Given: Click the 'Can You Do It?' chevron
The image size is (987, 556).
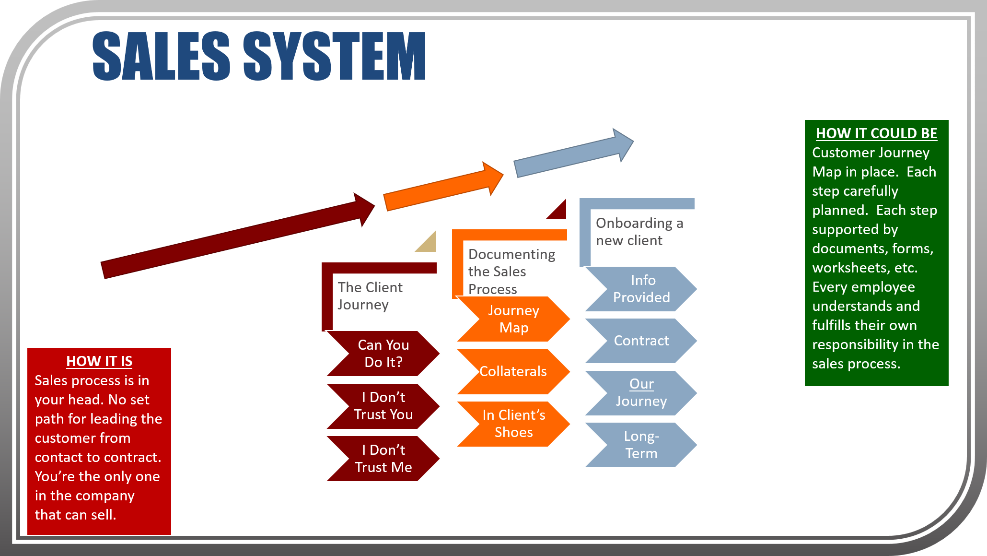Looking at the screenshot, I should [383, 354].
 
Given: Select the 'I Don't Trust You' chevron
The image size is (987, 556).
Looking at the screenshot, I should [383, 406].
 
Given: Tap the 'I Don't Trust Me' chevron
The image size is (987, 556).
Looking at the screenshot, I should [383, 459].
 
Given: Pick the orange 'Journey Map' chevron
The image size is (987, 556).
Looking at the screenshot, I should [513, 319].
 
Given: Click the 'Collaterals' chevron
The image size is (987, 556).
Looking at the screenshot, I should [513, 371].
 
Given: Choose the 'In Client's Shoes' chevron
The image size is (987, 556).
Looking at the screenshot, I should [513, 424].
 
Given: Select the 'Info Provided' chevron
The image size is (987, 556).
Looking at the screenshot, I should [641, 289].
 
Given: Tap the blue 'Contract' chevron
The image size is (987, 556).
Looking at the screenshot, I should [641, 341].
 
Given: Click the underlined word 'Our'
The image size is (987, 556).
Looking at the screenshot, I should [641, 384].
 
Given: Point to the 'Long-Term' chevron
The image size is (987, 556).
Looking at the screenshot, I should [641, 445].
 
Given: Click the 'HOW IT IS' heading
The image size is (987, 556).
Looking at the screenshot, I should [99, 361].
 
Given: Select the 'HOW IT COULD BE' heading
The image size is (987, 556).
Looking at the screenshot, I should [876, 133].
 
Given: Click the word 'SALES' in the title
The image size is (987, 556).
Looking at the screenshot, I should [161, 56].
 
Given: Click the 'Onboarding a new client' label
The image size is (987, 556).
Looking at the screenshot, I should [639, 232].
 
